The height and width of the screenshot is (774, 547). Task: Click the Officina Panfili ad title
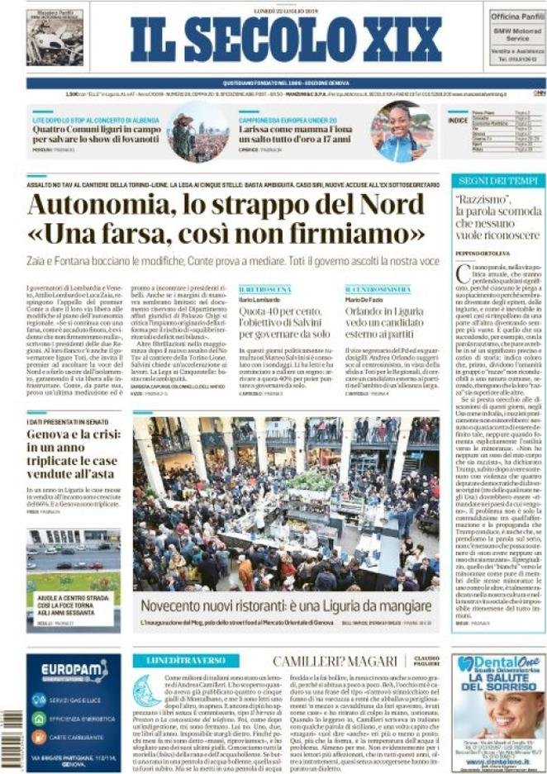[x=516, y=16]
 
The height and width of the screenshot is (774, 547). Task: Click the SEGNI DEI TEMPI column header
[x=498, y=181]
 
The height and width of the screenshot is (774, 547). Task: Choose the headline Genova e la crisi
[x=69, y=436]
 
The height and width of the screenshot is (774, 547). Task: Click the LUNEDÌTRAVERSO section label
[x=187, y=661]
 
